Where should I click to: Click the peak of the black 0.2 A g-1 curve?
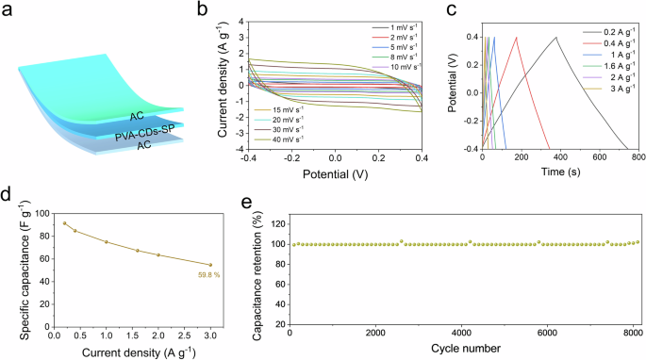click(x=556, y=38)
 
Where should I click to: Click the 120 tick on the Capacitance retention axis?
click(x=278, y=223)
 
